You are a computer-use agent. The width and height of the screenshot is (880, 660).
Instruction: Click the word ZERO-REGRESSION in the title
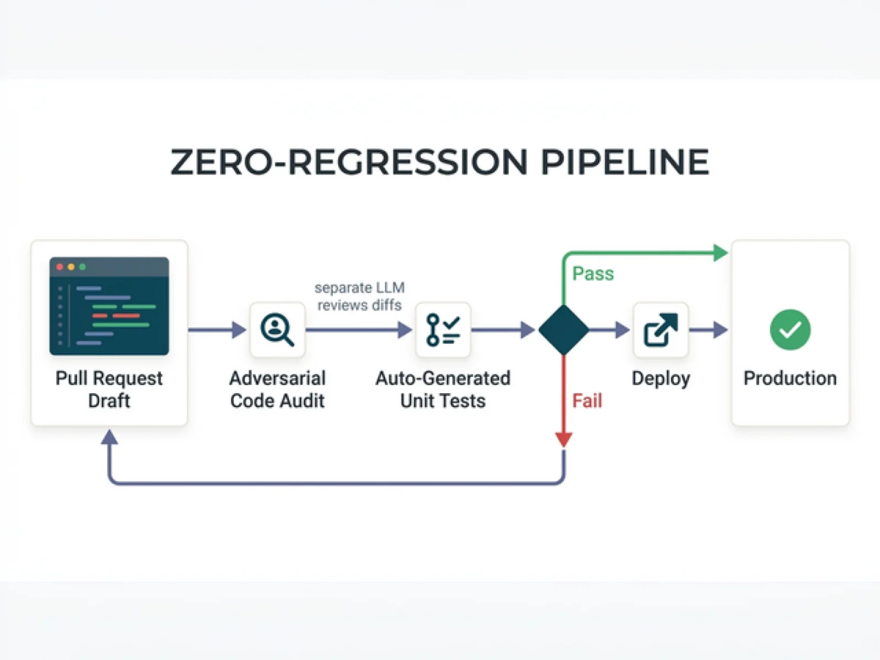pyautogui.click(x=349, y=162)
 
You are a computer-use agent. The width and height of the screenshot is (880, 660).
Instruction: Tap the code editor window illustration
pyautogui.click(x=109, y=306)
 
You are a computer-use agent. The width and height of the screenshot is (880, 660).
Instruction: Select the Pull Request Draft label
pyautogui.click(x=109, y=389)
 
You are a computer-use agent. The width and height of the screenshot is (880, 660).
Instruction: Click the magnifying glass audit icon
pyautogui.click(x=277, y=329)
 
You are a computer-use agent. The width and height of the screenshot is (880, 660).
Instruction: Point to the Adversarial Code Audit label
pyautogui.click(x=277, y=389)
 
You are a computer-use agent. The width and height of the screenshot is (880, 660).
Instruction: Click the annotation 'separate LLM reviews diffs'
pyautogui.click(x=360, y=296)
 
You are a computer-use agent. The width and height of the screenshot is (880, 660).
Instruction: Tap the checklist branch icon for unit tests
pyautogui.click(x=443, y=329)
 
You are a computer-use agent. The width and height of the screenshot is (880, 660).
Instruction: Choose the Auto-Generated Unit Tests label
pyautogui.click(x=443, y=389)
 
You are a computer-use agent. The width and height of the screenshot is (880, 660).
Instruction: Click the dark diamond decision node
pyautogui.click(x=563, y=330)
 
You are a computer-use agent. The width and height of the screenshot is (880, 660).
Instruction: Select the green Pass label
pyautogui.click(x=593, y=273)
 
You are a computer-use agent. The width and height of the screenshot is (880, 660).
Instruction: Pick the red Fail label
pyautogui.click(x=587, y=400)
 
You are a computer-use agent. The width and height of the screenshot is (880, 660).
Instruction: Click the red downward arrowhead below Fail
pyautogui.click(x=563, y=439)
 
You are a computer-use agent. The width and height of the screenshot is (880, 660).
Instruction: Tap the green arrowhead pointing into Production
pyautogui.click(x=721, y=253)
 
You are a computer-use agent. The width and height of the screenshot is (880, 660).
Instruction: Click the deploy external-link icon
pyautogui.click(x=661, y=329)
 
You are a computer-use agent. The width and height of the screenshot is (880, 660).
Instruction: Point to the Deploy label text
pyautogui.click(x=661, y=378)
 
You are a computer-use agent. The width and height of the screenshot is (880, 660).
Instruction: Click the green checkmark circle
pyautogui.click(x=790, y=329)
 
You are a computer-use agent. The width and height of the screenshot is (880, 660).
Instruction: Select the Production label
pyautogui.click(x=790, y=378)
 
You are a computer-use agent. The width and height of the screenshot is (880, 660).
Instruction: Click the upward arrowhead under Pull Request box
pyautogui.click(x=109, y=437)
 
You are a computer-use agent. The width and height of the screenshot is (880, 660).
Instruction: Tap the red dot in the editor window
pyautogui.click(x=60, y=267)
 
